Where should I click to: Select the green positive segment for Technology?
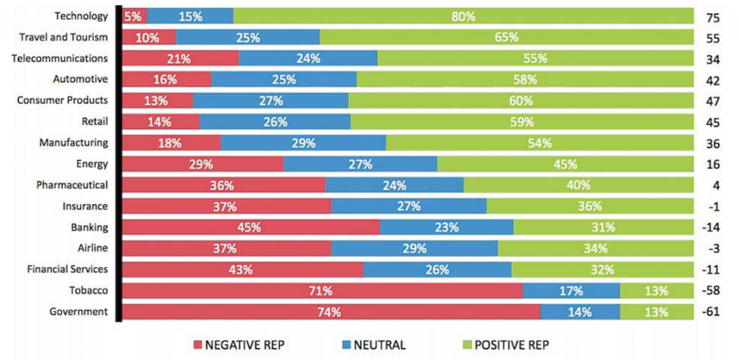click(462, 16)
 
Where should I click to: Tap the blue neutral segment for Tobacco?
click(571, 291)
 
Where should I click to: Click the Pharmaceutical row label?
click(74, 185)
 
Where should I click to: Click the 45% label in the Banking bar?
click(250, 228)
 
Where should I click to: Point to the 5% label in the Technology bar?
click(134, 16)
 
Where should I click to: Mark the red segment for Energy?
click(203, 164)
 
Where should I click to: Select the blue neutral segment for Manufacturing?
click(303, 143)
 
